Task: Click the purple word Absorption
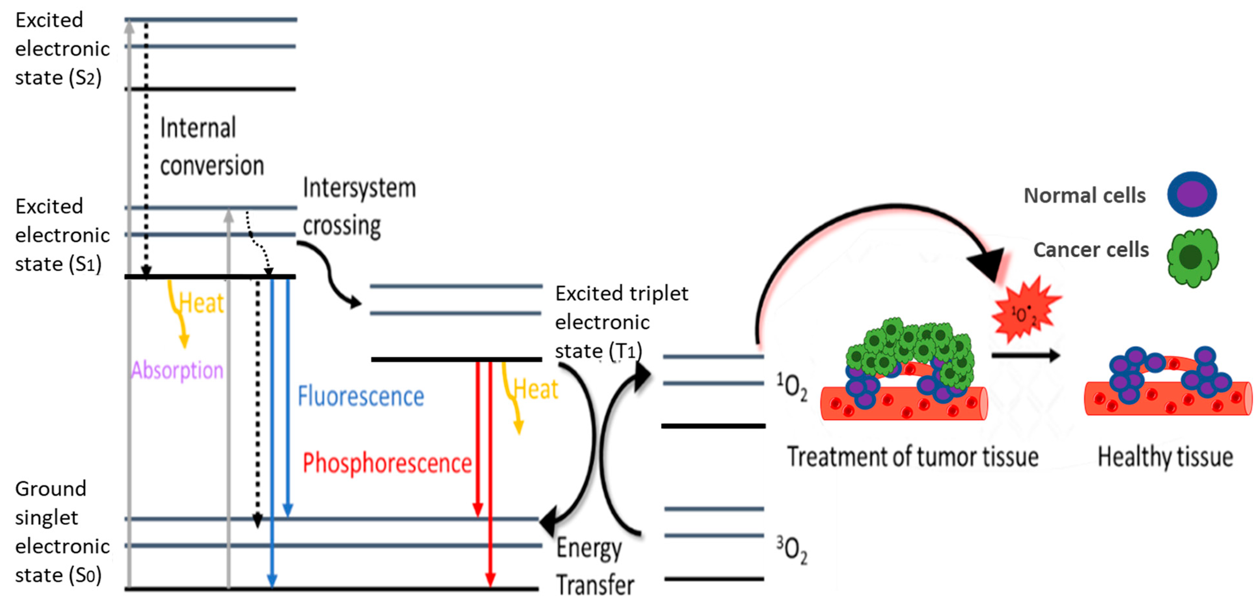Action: pyautogui.click(x=177, y=370)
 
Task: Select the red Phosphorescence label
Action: pyautogui.click(x=387, y=463)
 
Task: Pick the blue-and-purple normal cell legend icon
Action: pyautogui.click(x=1192, y=194)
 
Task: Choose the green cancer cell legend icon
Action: pyautogui.click(x=1192, y=257)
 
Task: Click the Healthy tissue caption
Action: pyautogui.click(x=1165, y=457)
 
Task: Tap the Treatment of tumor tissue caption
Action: pyautogui.click(x=912, y=457)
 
